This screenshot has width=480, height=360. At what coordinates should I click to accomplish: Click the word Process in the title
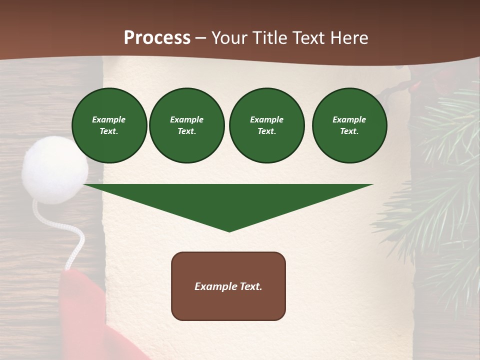pos(157,38)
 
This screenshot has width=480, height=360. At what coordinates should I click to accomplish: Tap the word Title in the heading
pos(268,38)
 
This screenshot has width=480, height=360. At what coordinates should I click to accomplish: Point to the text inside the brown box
pos(228,286)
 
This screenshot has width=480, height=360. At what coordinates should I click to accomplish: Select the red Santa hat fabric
pos(85,315)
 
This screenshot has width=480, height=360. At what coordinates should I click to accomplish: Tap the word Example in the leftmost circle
pos(109,119)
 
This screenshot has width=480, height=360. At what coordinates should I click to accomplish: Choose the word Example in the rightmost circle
pos(349,119)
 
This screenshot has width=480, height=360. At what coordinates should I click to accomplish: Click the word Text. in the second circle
pos(186,131)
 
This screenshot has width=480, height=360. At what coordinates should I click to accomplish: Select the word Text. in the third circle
pos(266,131)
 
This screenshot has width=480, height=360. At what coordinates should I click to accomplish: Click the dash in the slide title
pos(201,38)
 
